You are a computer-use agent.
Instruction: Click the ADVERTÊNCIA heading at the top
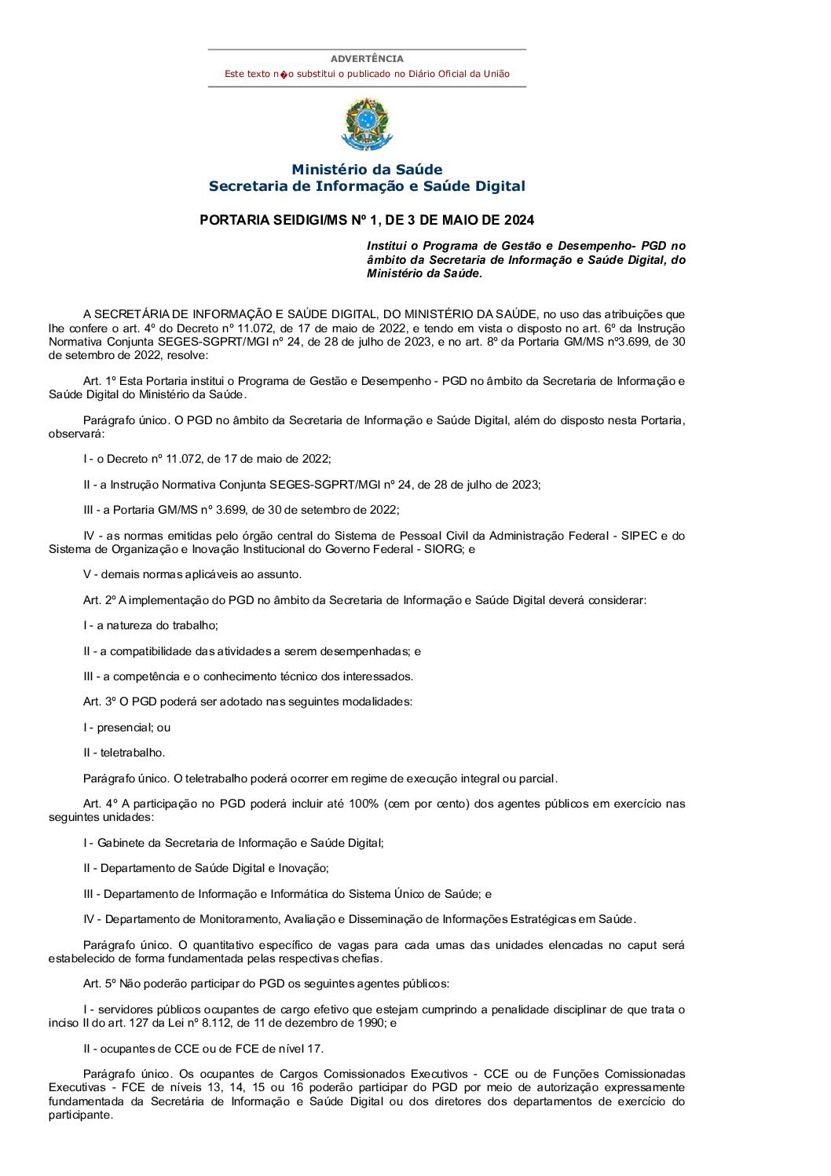367,59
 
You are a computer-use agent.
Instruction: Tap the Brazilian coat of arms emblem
366,123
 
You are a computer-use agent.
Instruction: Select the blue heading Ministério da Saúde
367,170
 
